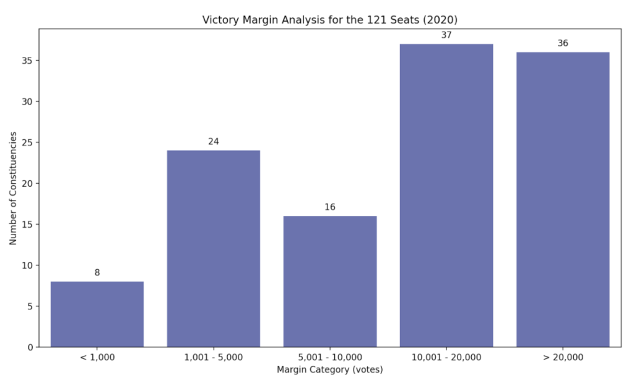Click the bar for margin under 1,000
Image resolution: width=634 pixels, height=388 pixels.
(97, 314)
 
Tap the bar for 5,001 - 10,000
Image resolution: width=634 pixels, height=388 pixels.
(330, 282)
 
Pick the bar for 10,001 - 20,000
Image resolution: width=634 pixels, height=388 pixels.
(446, 196)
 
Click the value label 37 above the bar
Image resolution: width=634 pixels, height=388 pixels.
(446, 35)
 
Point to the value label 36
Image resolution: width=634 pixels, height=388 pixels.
(563, 43)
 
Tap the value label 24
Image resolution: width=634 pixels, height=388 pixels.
(214, 142)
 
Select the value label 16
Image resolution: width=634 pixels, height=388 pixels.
(330, 207)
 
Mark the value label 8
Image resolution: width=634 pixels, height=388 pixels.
(97, 273)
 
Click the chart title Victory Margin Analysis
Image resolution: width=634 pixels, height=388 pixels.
(330, 20)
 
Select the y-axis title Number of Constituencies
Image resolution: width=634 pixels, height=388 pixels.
(13, 188)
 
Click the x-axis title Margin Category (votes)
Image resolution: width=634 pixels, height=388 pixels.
(330, 370)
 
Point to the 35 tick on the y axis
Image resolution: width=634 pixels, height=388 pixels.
(29, 61)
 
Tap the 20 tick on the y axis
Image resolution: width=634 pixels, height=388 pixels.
(29, 183)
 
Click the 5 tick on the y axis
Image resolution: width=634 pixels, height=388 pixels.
(31, 306)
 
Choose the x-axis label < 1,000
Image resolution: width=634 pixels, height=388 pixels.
(97, 358)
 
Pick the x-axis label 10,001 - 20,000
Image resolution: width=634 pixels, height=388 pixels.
(446, 358)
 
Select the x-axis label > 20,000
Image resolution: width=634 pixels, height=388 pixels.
(563, 358)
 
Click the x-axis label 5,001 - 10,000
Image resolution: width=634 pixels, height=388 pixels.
(330, 358)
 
